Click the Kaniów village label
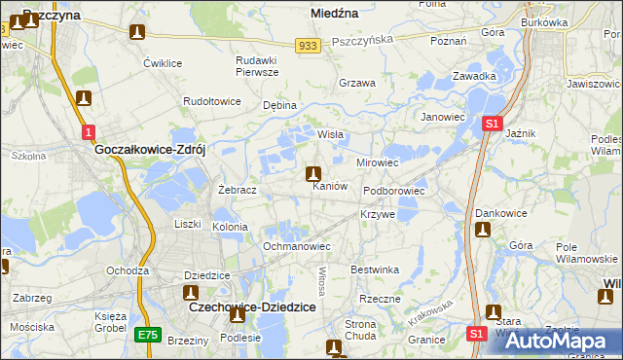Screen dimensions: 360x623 329,186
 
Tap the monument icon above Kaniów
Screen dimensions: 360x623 313,175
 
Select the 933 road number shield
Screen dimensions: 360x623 309,46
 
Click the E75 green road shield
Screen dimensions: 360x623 147,335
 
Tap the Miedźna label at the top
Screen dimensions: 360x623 334,14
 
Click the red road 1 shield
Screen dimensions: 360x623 89,131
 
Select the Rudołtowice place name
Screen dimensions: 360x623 211,100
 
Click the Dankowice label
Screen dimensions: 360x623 500,212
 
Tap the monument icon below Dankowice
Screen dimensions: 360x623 483,230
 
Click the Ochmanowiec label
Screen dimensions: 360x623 297,246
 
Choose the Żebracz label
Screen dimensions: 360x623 238,190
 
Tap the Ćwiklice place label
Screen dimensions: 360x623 163,63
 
